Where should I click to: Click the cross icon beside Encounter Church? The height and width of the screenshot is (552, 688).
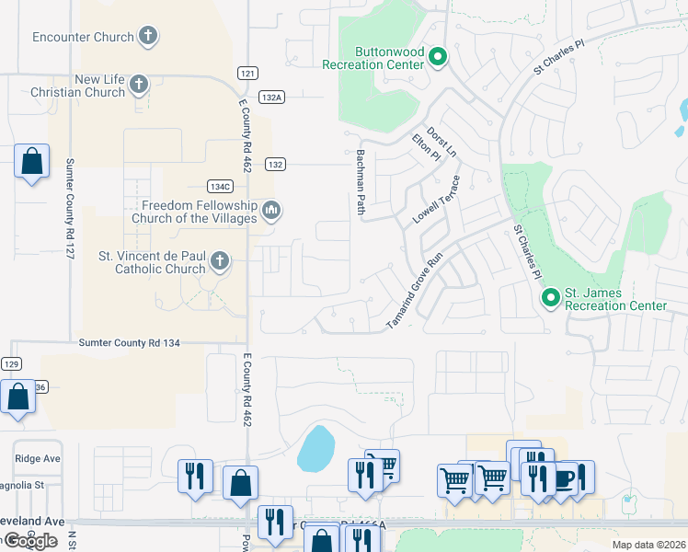[x=147, y=37]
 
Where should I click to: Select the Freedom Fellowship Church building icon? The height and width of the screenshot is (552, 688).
[x=270, y=212]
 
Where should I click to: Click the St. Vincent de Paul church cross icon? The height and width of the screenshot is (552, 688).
[x=219, y=262]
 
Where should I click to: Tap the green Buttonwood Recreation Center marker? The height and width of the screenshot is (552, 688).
[x=438, y=58]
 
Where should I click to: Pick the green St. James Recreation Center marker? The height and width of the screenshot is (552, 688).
[x=550, y=298]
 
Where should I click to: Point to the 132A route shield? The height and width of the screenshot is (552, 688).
[x=271, y=97]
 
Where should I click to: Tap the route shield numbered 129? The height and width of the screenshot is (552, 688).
[x=11, y=364]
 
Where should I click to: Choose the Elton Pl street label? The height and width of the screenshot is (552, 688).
[x=426, y=151]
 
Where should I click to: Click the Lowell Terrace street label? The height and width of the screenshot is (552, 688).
[x=436, y=201]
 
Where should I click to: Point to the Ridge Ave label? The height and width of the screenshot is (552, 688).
[x=37, y=458]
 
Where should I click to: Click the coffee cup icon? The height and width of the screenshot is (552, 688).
[x=563, y=478]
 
